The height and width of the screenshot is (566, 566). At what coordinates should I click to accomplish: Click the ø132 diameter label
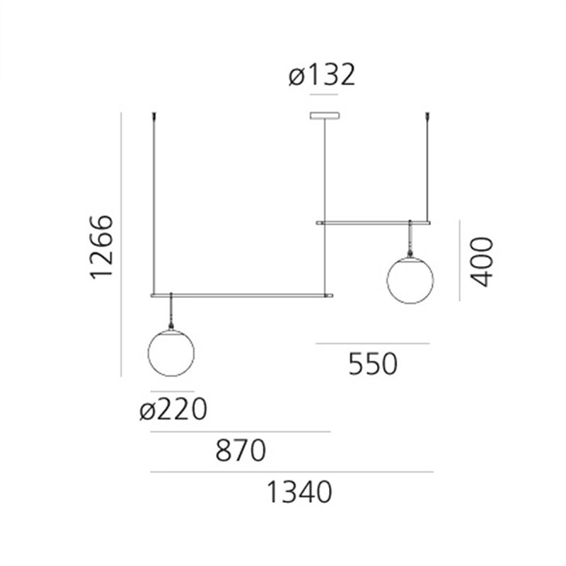[322, 75]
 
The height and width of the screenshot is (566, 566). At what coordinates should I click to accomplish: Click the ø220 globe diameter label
[173, 410]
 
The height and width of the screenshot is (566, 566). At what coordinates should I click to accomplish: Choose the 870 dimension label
[240, 451]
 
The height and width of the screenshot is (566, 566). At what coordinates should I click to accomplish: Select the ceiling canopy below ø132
[325, 116]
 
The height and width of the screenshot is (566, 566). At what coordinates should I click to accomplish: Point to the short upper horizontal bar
[373, 223]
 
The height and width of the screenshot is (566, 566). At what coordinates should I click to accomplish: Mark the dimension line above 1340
[291, 472]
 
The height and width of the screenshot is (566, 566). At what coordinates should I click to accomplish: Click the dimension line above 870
[240, 432]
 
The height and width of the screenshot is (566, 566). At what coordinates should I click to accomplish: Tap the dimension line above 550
[373, 344]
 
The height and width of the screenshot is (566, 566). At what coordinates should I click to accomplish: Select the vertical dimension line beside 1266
[122, 244]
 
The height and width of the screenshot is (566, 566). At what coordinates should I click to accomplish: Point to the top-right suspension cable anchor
[428, 115]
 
